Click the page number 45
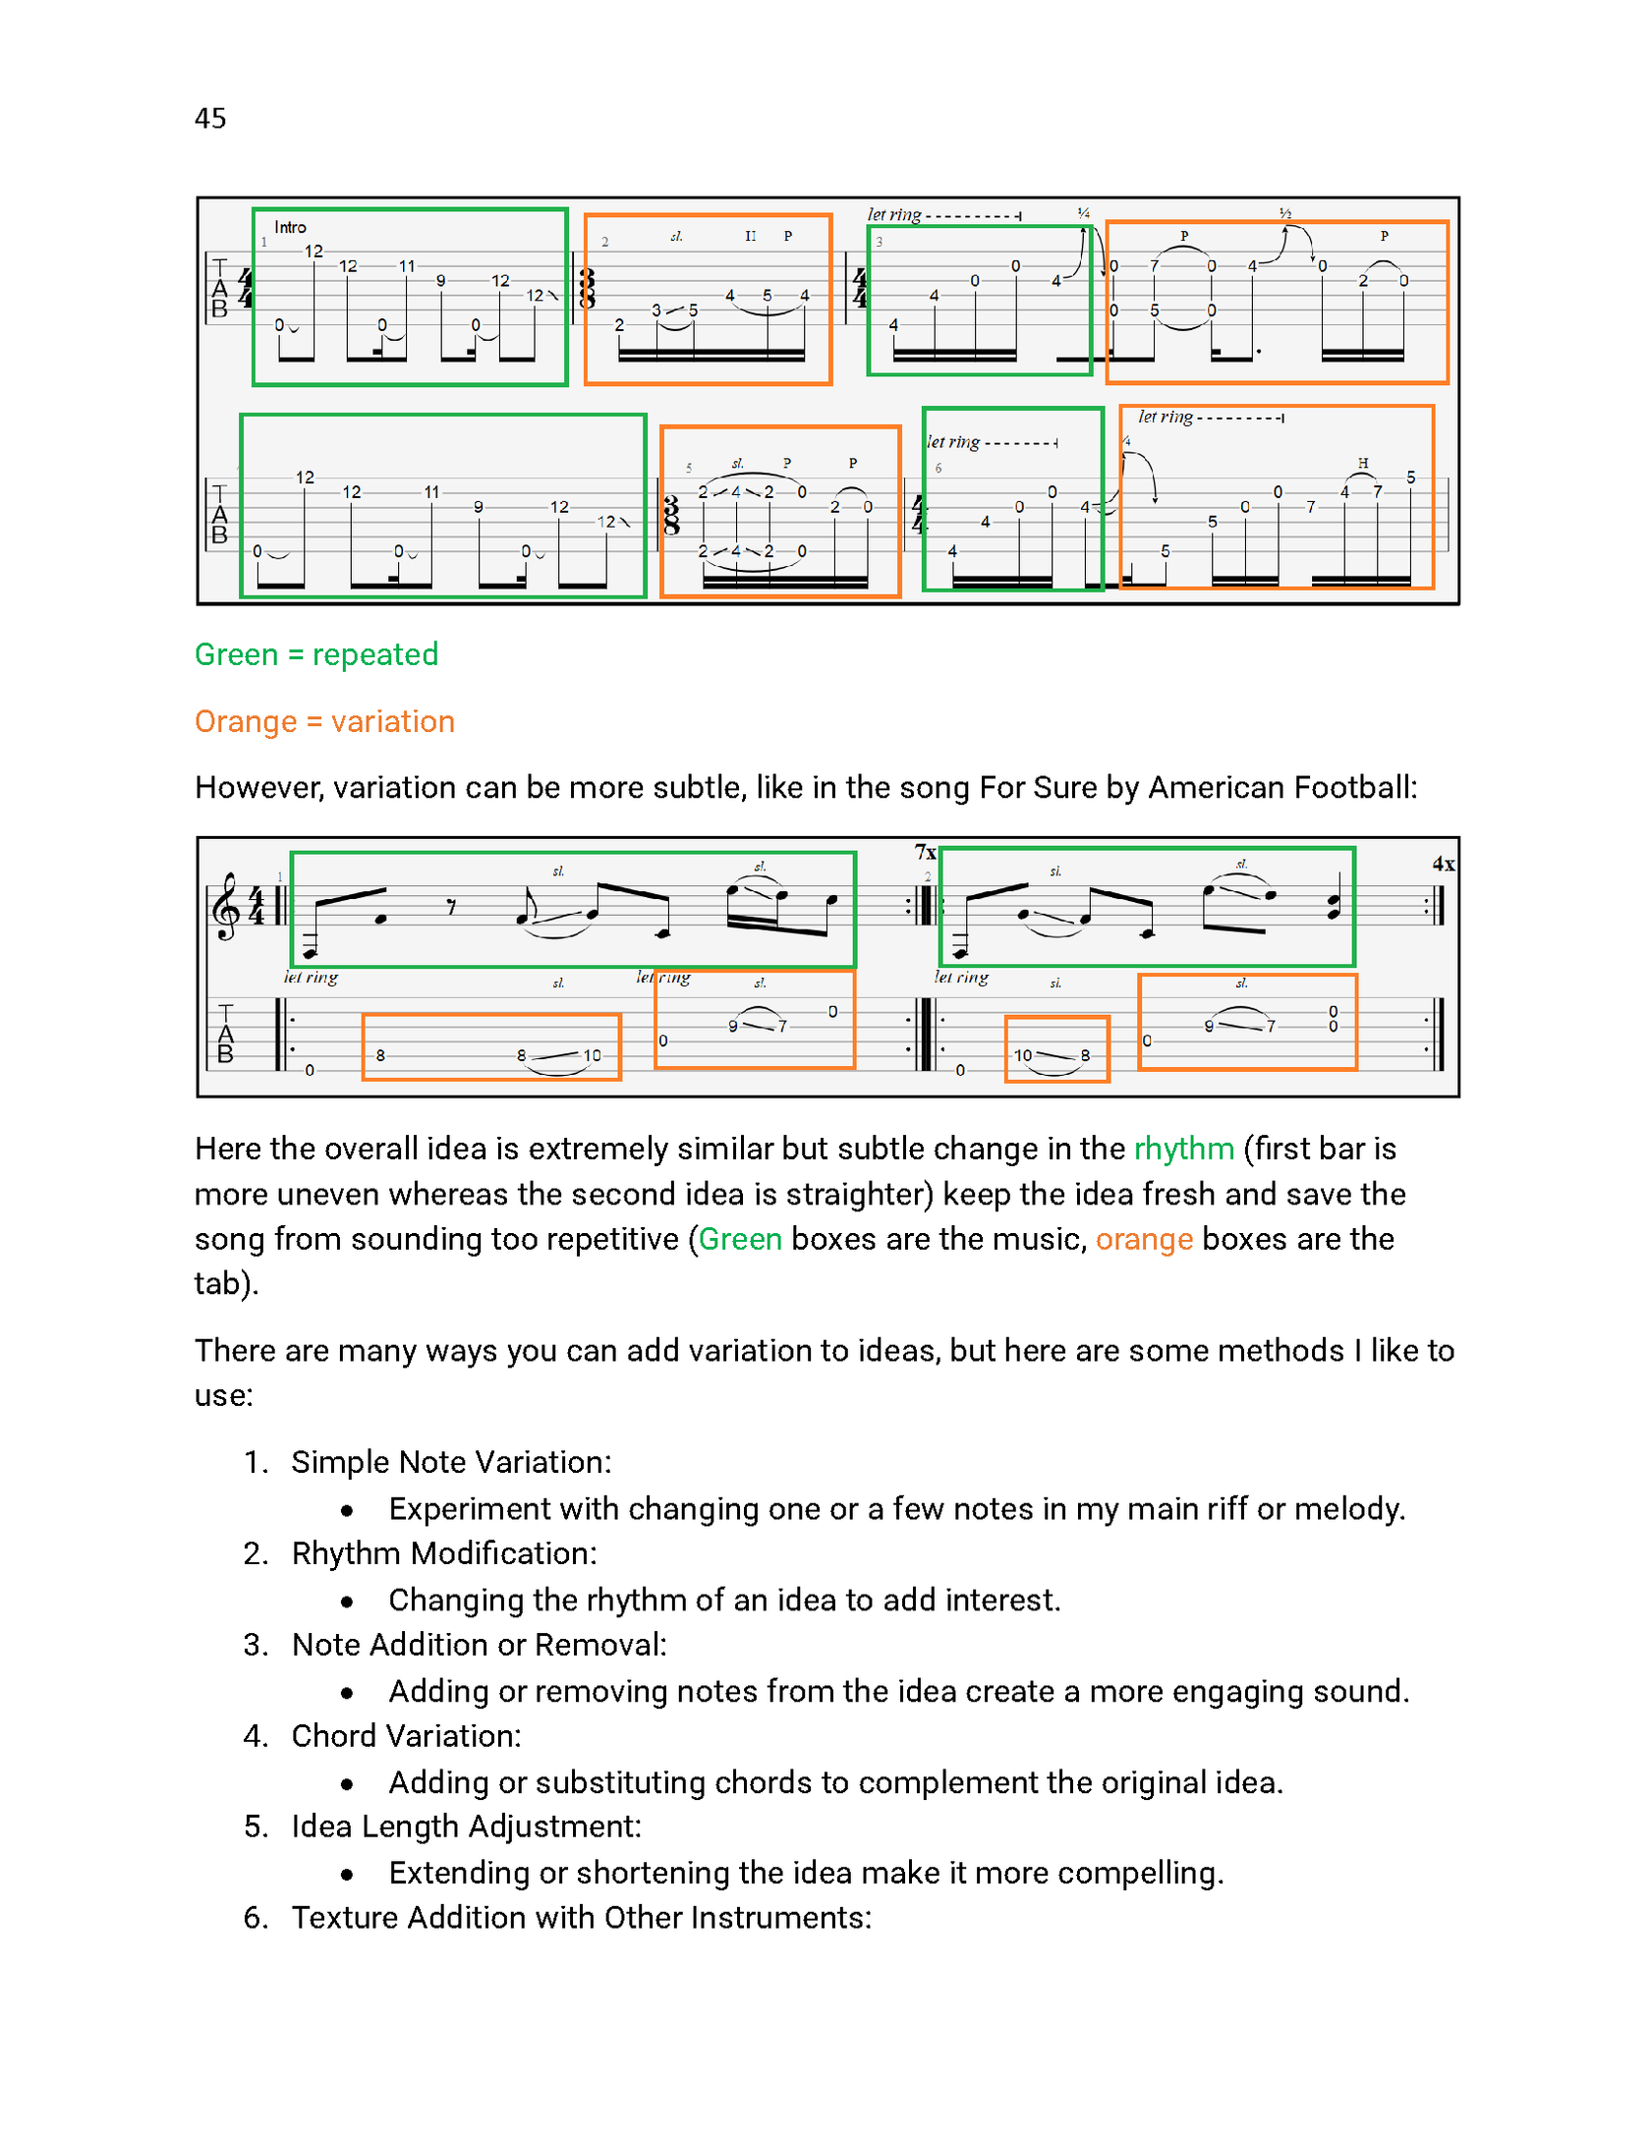click(210, 119)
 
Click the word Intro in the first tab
click(290, 228)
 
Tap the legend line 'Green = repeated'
click(315, 654)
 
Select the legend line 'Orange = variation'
click(324, 721)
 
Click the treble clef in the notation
click(227, 906)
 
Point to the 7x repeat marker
click(925, 852)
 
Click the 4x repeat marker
click(1443, 865)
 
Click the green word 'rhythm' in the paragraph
click(1183, 1149)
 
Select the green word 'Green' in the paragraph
click(739, 1239)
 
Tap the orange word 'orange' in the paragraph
click(1144, 1239)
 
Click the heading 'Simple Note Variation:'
click(451, 1462)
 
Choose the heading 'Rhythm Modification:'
click(444, 1553)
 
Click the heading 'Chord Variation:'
click(406, 1736)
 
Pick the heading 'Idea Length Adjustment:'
click(466, 1827)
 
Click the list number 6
click(256, 1918)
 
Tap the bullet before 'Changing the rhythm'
click(347, 1602)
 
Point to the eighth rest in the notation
click(451, 907)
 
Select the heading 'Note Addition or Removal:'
click(479, 1645)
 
